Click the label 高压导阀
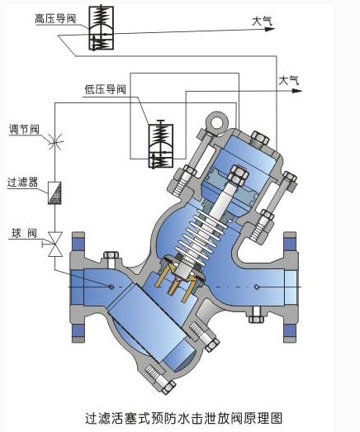(55, 19)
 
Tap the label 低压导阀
(105, 89)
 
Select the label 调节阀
(24, 129)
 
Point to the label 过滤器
(22, 182)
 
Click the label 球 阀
(24, 234)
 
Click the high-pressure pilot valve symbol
(101, 28)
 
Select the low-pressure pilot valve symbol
(161, 145)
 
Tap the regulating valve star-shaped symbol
(55, 142)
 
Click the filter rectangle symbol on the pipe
(54, 192)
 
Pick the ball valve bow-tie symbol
(55, 244)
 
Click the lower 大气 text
(289, 81)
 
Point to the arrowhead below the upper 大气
(270, 29)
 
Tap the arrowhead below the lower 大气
(297, 90)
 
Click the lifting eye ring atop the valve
(216, 122)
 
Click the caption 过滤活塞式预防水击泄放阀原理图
(184, 418)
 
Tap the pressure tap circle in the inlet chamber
(111, 287)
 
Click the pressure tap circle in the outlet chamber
(257, 287)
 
